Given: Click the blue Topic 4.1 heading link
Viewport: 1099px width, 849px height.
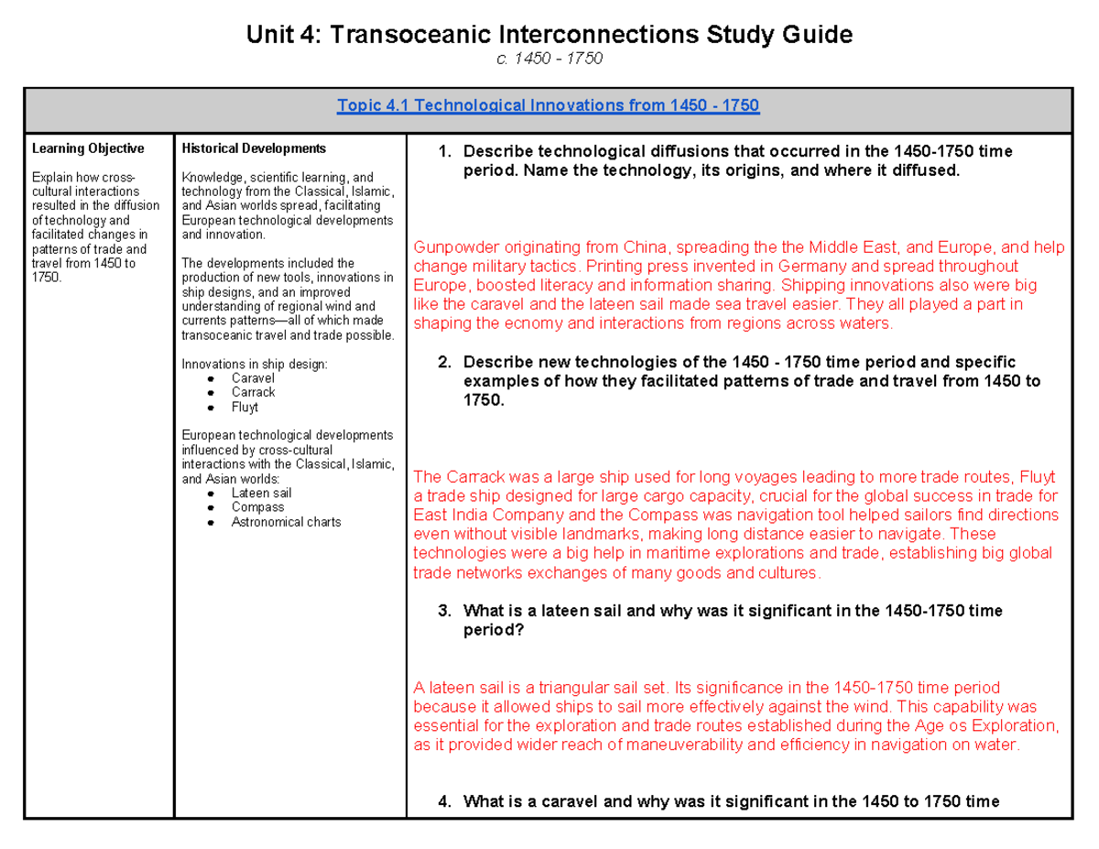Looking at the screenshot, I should tap(548, 105).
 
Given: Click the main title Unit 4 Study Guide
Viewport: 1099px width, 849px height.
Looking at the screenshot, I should tap(549, 36).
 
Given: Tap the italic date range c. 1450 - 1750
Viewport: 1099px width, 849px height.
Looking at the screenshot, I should tap(549, 60).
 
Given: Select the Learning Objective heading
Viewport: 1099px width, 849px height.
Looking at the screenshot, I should tap(88, 148).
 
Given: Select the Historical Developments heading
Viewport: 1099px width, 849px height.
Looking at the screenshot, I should tap(254, 148).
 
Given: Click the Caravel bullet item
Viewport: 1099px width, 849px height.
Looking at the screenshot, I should tap(253, 378).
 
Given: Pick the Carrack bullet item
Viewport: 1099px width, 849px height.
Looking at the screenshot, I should tap(254, 392).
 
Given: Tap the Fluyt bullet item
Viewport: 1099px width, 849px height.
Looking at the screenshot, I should tap(245, 407).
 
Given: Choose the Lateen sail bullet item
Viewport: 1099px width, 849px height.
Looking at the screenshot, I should tap(261, 493).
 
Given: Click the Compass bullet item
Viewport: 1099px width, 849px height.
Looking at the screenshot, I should tap(257, 507).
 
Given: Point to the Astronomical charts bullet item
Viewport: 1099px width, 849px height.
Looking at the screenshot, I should tap(286, 522).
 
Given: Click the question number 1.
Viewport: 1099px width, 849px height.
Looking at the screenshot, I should tap(444, 152).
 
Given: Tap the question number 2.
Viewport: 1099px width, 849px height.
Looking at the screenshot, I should tap(444, 363).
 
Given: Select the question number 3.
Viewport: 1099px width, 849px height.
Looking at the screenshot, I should tap(444, 611).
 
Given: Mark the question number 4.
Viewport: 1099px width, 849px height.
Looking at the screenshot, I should tap(444, 802).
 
